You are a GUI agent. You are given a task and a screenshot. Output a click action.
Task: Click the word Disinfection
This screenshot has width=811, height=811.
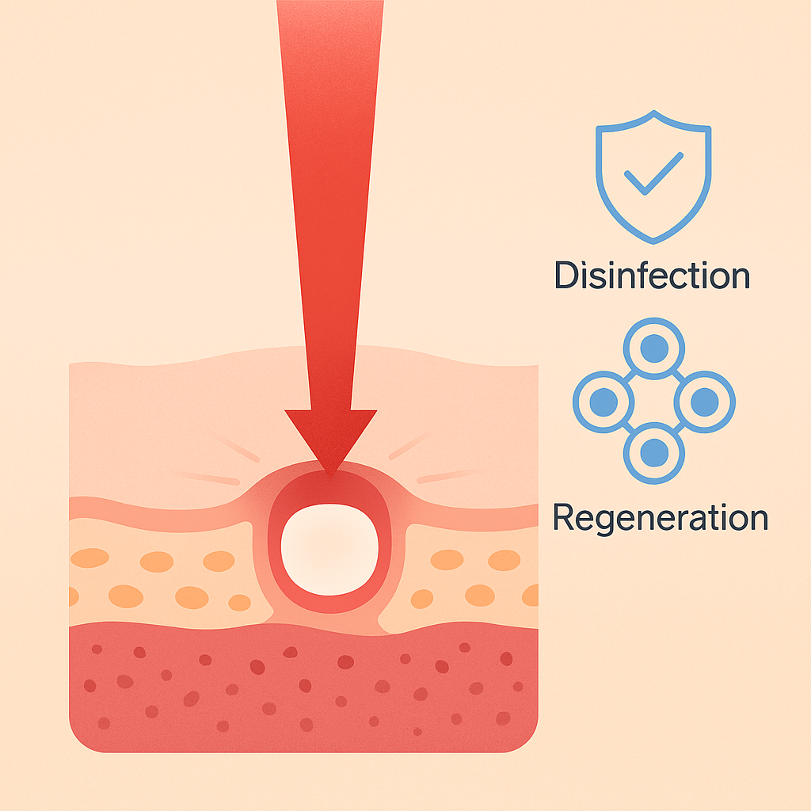652,276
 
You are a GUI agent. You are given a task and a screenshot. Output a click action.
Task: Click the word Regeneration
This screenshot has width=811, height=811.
660,517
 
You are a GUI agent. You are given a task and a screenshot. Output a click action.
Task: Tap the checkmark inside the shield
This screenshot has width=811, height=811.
653,173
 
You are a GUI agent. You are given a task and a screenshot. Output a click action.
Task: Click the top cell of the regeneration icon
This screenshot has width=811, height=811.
654,349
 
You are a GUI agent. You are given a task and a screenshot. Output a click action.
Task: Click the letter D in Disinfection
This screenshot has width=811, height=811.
565,276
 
